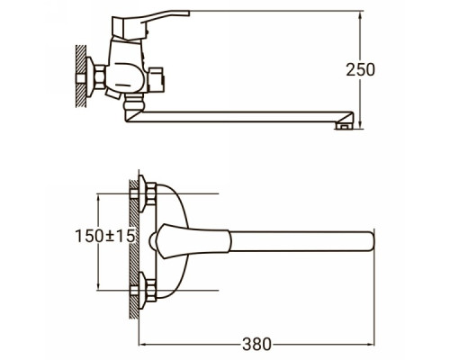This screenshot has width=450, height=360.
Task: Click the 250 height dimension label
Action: tap(360, 69)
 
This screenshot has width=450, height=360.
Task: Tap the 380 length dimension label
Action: tap(256, 344)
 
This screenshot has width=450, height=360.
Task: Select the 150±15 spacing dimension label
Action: tap(104, 236)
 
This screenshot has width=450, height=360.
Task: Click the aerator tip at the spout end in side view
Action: tap(344, 126)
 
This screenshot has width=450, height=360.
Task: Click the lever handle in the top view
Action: tap(191, 241)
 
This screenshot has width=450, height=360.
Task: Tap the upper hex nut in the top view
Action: tap(150, 193)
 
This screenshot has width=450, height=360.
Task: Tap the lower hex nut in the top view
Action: tap(150, 291)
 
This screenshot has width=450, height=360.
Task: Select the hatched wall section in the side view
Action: tap(80, 76)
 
